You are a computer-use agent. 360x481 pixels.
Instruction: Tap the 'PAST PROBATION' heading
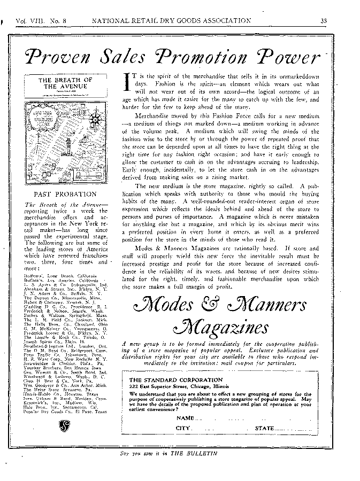pyautogui.click(x=65, y=194)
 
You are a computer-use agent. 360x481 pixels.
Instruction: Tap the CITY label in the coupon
pyautogui.click(x=183, y=429)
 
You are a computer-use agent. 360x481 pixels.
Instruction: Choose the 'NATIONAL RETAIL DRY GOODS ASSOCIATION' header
pyautogui.click(x=171, y=21)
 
